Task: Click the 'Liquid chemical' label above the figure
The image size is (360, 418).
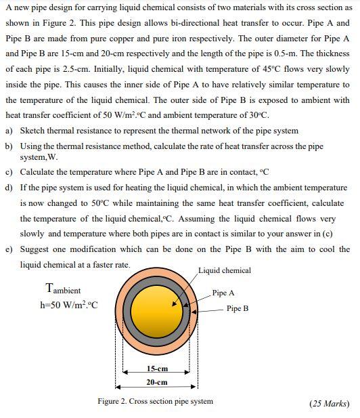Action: coord(225,270)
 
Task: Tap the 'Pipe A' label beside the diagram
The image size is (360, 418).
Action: coord(223,293)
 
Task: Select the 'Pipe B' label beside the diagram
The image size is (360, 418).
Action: coord(237,308)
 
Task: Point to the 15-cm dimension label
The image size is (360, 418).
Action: coord(157,369)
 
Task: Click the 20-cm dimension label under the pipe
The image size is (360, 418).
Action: coord(157,382)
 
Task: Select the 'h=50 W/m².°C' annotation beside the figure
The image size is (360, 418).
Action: coord(69,304)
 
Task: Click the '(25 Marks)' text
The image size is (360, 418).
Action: coord(329,403)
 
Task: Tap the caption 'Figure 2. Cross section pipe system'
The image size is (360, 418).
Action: coord(155,401)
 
